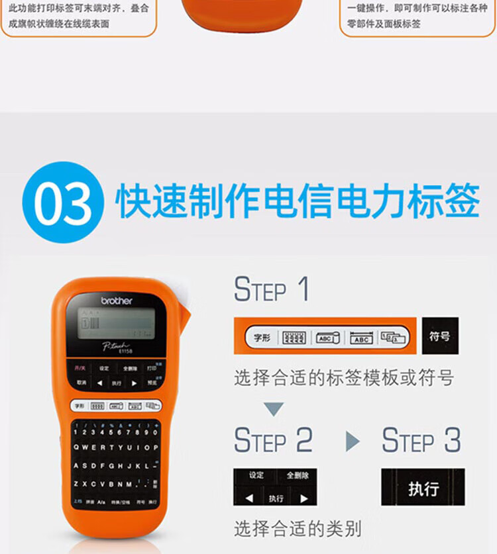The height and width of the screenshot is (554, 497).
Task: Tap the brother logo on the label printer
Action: (x=117, y=300)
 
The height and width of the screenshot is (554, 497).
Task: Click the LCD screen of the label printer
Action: (x=116, y=324)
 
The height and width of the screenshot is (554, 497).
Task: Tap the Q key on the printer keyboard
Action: (x=77, y=447)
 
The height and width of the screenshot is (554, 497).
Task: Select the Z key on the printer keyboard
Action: (x=77, y=484)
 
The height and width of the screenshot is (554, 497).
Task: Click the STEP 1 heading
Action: (x=271, y=289)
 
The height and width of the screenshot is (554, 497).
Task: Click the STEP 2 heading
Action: (x=273, y=440)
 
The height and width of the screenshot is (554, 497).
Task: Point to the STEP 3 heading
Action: (x=421, y=440)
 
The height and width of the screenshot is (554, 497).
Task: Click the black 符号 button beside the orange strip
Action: (x=439, y=336)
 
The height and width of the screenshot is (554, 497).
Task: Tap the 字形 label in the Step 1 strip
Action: (x=262, y=338)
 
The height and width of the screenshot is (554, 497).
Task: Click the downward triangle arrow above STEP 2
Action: (x=274, y=409)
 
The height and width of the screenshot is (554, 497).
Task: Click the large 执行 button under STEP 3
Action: (x=423, y=488)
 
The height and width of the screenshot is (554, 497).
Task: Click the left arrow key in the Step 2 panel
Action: (x=249, y=498)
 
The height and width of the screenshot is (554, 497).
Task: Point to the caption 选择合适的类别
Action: (x=298, y=529)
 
